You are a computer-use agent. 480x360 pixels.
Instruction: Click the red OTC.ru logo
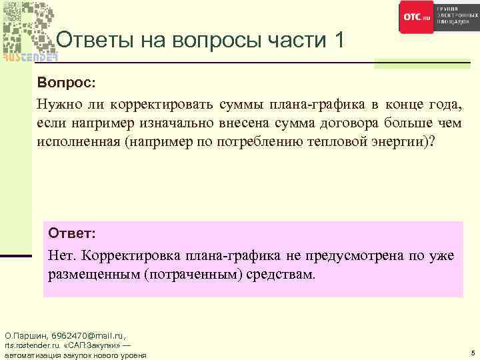(x=417, y=17)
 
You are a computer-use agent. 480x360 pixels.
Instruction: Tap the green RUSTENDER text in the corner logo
(x=30, y=57)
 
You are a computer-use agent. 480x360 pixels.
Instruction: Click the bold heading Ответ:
(x=72, y=235)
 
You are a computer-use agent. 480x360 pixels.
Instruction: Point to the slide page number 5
(x=472, y=352)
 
